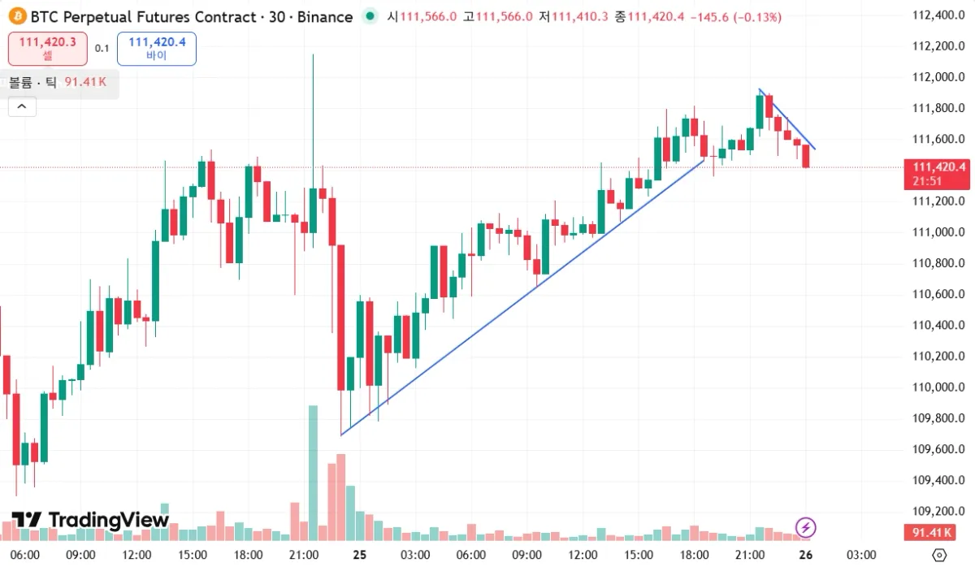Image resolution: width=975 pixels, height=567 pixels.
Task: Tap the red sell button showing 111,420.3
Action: point(47,49)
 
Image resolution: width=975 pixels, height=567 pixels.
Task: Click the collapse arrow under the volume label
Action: point(22,106)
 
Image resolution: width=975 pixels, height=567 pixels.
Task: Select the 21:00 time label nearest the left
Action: point(303,555)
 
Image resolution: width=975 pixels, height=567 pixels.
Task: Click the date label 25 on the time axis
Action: point(359,555)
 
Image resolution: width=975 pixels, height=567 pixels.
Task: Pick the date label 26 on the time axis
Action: point(805,555)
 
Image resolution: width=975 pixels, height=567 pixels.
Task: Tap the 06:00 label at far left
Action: point(25,555)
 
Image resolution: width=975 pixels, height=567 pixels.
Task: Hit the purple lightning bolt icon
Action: point(805,527)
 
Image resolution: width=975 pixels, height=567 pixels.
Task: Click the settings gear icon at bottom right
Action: point(939,555)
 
